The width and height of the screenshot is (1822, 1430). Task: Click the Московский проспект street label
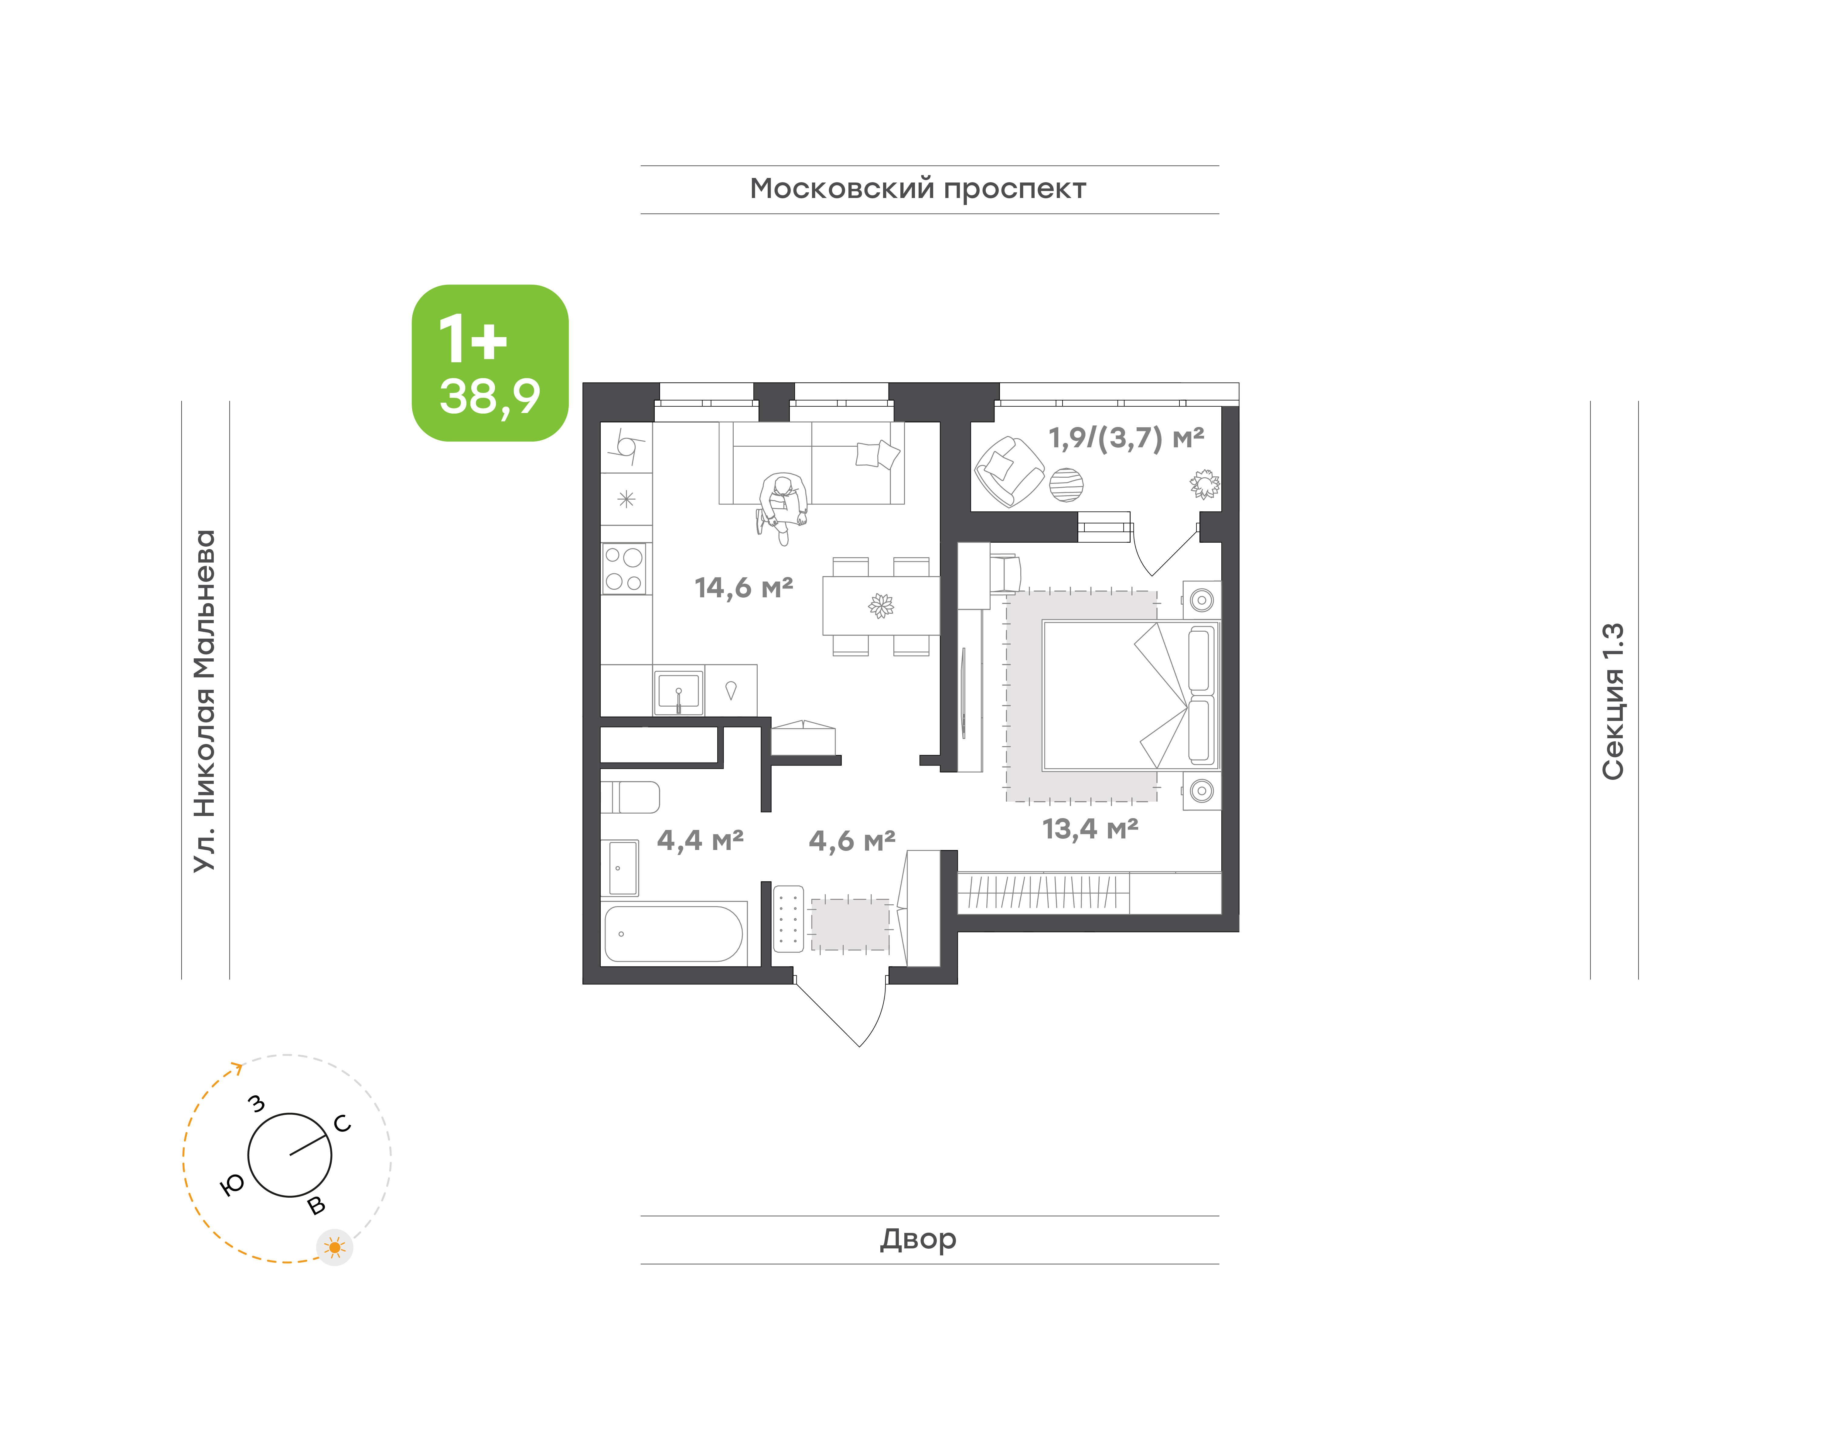pyautogui.click(x=918, y=189)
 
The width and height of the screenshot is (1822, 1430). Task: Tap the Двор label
pyautogui.click(x=918, y=1239)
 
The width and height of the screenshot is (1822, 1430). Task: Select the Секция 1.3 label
pyautogui.click(x=1613, y=701)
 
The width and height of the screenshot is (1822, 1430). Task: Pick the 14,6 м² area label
pyautogui.click(x=744, y=588)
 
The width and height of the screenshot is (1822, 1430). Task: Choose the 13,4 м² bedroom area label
pyautogui.click(x=1090, y=829)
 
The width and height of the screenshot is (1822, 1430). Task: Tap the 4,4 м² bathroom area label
pyautogui.click(x=700, y=840)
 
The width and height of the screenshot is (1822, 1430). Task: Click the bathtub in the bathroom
pyautogui.click(x=674, y=933)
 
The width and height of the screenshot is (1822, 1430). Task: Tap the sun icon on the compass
pyautogui.click(x=335, y=1247)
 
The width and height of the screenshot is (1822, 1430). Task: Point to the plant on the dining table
pyautogui.click(x=881, y=605)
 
